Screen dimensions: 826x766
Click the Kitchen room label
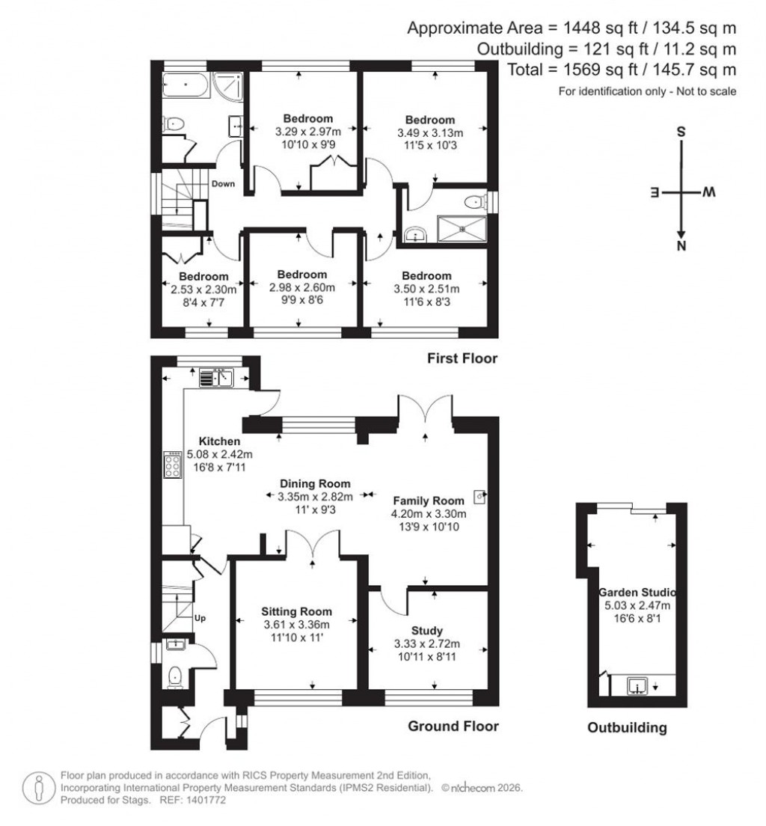coord(219,441)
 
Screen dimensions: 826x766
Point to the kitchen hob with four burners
coord(173,465)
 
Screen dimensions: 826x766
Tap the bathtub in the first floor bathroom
coord(184,86)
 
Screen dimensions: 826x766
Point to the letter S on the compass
coord(681,131)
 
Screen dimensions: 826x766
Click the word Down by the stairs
coord(222,184)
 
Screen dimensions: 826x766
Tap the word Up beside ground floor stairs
coord(200,618)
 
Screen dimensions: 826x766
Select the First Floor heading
coord(462,359)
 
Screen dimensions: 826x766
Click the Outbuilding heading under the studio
coord(627,728)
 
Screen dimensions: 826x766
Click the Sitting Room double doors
coord(313,542)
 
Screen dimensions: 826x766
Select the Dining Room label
coord(315,484)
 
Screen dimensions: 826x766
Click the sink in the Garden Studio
coord(637,685)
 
